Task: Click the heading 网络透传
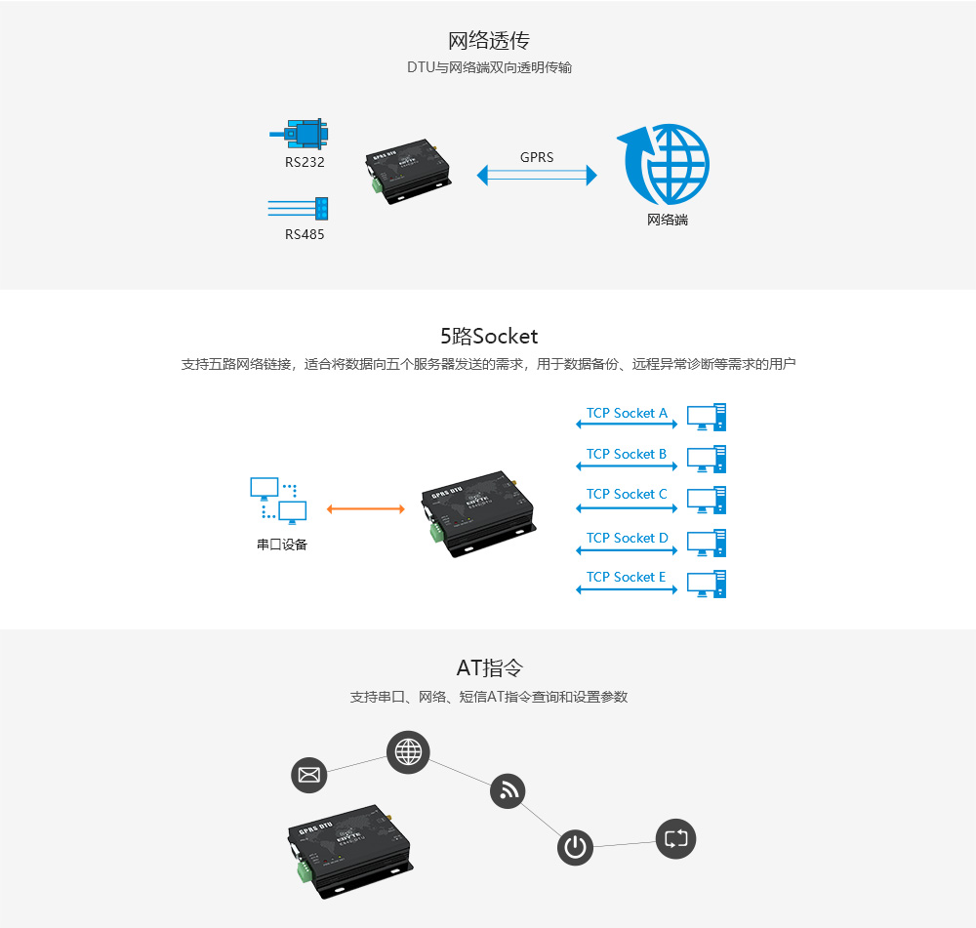488,41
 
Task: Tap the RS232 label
305,162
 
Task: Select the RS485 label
305,234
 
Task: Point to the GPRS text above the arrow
537,157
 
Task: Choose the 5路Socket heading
488,337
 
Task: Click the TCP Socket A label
627,413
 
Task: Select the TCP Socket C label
627,494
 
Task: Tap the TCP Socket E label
627,577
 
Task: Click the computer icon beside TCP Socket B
707,459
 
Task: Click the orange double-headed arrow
365,508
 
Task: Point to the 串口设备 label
282,545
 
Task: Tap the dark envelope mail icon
309,775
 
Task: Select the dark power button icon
576,847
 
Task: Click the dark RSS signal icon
508,790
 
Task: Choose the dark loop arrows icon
675,838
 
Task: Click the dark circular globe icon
408,751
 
